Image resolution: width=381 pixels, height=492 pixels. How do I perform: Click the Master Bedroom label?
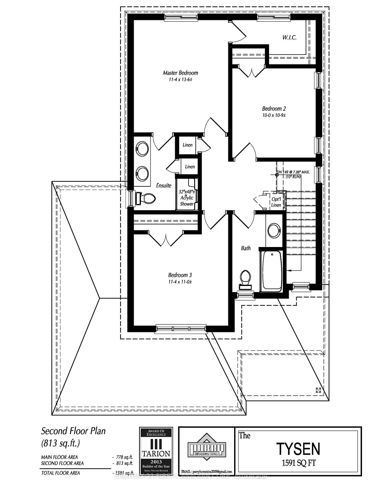pyautogui.click(x=180, y=73)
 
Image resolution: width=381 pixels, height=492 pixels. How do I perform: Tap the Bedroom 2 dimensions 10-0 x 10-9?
pyautogui.click(x=274, y=115)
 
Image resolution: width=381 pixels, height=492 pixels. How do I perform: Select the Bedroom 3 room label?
pyautogui.click(x=180, y=275)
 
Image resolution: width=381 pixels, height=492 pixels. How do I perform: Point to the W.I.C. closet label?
pyautogui.click(x=289, y=37)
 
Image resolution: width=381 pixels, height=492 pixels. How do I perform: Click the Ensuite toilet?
pyautogui.click(x=146, y=198)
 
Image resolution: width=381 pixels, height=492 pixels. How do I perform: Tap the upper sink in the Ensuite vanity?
pyautogui.click(x=142, y=149)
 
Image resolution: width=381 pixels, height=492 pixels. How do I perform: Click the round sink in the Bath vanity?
pyautogui.click(x=274, y=230)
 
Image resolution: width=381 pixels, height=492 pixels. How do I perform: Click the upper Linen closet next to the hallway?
pyautogui.click(x=187, y=145)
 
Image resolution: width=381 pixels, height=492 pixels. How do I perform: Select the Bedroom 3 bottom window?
pyautogui.click(x=181, y=329)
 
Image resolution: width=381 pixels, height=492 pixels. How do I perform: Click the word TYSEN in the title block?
pyautogui.click(x=298, y=449)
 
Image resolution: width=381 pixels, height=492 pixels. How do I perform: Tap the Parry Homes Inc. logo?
pyautogui.click(x=207, y=449)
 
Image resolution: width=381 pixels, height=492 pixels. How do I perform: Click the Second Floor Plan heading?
pyautogui.click(x=73, y=431)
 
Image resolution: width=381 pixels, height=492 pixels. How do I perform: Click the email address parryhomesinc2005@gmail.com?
pyautogui.click(x=206, y=471)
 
